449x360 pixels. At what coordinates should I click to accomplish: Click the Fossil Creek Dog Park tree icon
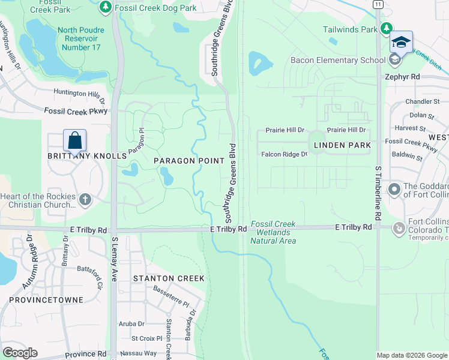(x=106, y=6)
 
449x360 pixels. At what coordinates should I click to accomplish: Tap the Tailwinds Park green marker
(x=387, y=28)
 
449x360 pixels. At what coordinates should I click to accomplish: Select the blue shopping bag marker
(x=75, y=140)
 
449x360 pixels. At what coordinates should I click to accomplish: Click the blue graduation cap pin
(x=401, y=42)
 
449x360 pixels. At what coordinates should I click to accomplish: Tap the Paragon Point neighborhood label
(x=188, y=161)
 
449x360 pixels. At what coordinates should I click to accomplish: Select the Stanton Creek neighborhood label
(x=169, y=278)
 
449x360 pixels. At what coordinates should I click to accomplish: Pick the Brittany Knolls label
(x=87, y=155)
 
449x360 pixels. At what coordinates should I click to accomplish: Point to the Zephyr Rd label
(x=402, y=77)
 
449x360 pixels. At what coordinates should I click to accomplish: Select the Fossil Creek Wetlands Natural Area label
(x=273, y=233)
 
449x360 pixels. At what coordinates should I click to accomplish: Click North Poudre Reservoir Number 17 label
(x=80, y=39)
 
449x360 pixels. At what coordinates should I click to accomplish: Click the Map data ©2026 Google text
(x=411, y=355)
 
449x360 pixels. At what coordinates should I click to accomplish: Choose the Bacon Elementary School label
(x=338, y=60)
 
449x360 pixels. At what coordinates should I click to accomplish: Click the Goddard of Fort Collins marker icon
(x=394, y=190)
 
